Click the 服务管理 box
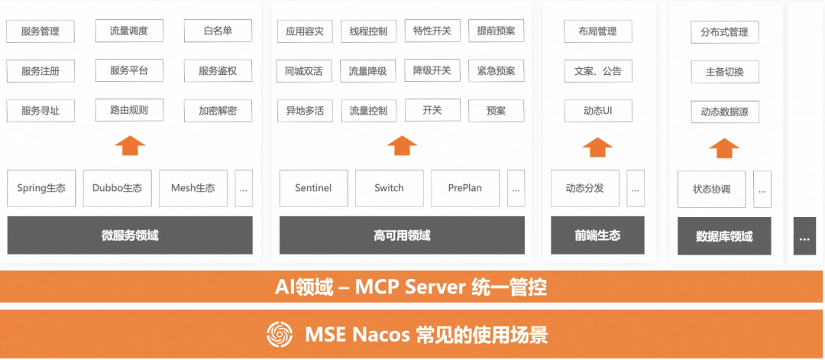click(40, 31)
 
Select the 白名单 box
click(218, 31)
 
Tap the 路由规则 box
click(129, 110)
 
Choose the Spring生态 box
click(41, 188)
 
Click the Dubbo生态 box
click(117, 188)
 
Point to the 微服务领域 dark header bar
click(130, 235)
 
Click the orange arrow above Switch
click(402, 145)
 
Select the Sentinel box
click(313, 188)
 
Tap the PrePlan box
click(465, 188)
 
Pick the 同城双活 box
click(303, 71)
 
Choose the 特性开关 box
click(432, 31)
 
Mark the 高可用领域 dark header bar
click(402, 235)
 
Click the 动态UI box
click(597, 110)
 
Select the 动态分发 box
click(584, 188)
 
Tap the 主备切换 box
click(724, 73)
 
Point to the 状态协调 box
click(711, 190)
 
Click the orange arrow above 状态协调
click(724, 148)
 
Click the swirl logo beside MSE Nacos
click(280, 334)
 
